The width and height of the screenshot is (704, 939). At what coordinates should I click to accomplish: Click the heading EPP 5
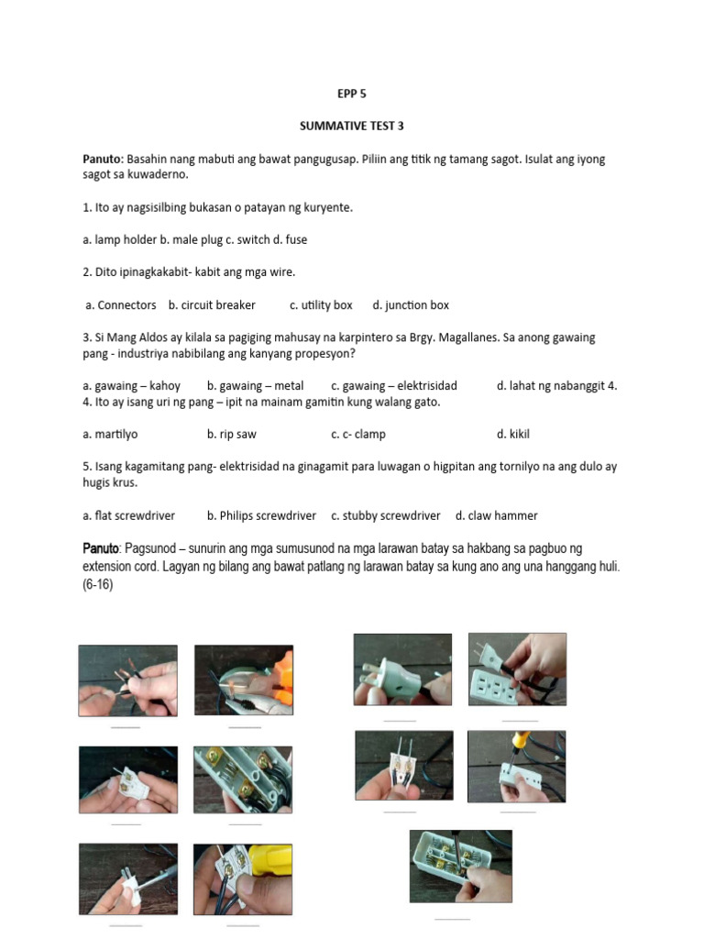[352, 94]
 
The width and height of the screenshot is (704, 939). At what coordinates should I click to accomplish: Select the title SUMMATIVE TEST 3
[352, 127]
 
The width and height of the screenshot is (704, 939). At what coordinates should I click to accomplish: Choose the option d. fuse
[291, 239]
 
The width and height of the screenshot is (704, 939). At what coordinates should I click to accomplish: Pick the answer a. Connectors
[121, 304]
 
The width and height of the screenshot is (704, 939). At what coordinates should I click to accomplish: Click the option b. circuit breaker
[212, 304]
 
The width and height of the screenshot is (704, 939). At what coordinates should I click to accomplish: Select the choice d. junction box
[411, 304]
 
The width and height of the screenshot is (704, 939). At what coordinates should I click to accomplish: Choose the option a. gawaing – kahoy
[131, 385]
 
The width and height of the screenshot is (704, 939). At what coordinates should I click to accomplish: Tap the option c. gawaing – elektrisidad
[394, 385]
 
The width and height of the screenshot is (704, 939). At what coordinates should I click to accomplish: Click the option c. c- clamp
[358, 434]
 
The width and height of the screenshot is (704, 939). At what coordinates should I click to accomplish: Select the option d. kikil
[513, 434]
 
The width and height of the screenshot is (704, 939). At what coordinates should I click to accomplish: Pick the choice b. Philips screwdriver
[261, 515]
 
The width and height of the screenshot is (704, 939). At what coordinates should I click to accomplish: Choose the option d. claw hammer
[497, 515]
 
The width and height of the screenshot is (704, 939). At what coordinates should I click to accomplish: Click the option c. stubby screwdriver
[386, 515]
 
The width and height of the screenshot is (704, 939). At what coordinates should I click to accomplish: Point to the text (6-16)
[97, 584]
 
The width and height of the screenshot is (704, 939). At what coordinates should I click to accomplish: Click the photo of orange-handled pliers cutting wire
[244, 679]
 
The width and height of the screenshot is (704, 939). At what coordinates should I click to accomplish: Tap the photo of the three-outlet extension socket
[517, 668]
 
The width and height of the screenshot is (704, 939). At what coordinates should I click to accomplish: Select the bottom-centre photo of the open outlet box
[460, 866]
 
